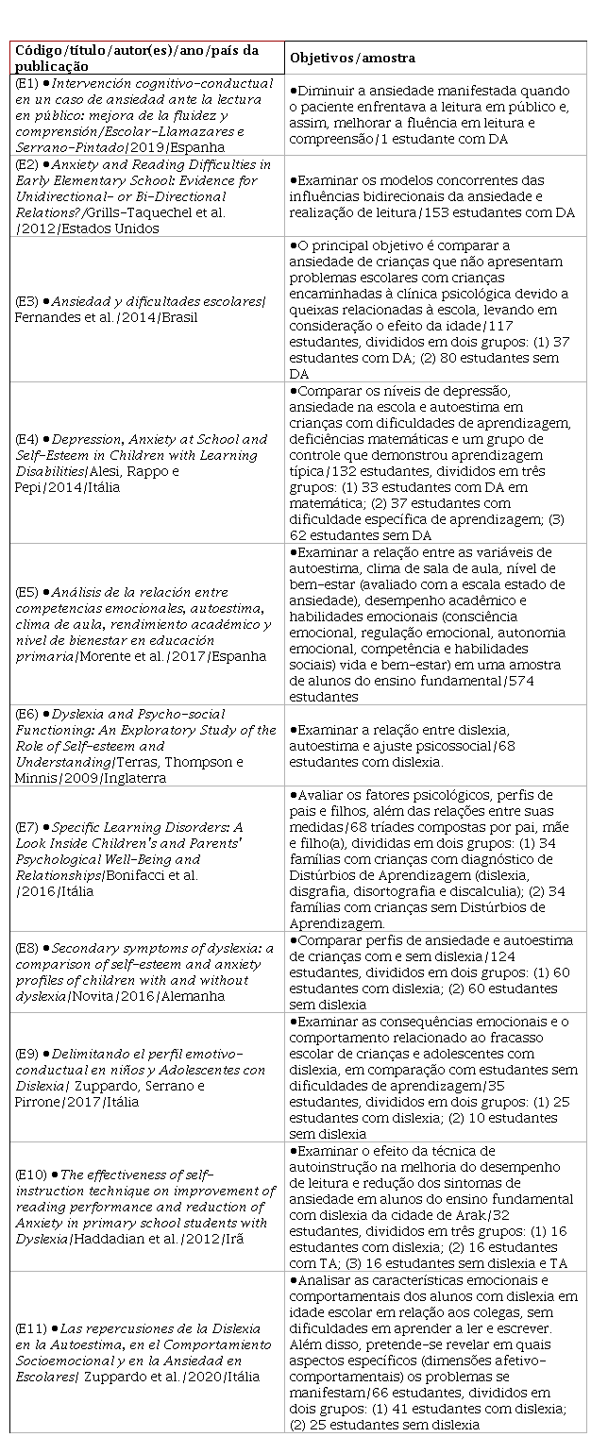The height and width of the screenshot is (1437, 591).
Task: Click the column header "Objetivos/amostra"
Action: click(352, 58)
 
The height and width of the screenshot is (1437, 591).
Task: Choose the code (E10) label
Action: click(28, 1175)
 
